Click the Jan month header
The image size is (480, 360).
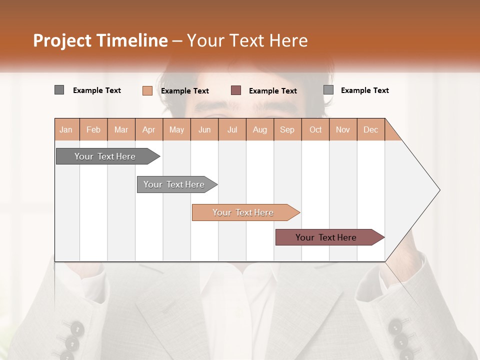pyautogui.click(x=66, y=129)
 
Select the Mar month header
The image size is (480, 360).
pyautogui.click(x=121, y=129)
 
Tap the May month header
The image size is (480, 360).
pyautogui.click(x=176, y=129)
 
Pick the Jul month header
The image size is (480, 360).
pyautogui.click(x=232, y=129)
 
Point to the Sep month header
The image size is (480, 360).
pyautogui.click(x=287, y=129)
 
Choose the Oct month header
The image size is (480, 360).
pyautogui.click(x=315, y=129)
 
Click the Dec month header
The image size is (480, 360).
pyautogui.click(x=370, y=129)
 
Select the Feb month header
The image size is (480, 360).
pyautogui.click(x=93, y=129)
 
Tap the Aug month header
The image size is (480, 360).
pyautogui.click(x=259, y=129)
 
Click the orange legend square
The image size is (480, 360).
pyautogui.click(x=147, y=90)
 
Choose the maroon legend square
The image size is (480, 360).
pyautogui.click(x=236, y=90)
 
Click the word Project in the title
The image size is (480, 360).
pyautogui.click(x=62, y=40)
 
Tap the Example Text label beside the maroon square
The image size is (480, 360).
pyautogui.click(x=273, y=90)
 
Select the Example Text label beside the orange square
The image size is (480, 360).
pyautogui.click(x=185, y=90)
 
